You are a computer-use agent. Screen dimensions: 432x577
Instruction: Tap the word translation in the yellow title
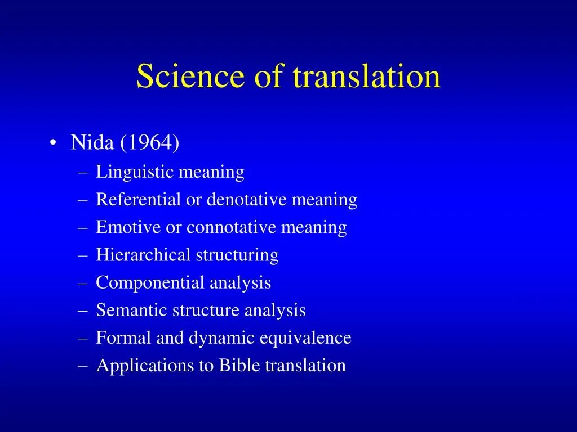point(367,76)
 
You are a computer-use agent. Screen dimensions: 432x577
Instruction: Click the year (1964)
point(150,143)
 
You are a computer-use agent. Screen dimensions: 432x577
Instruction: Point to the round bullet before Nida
point(52,143)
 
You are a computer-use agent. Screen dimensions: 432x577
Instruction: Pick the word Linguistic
point(135,172)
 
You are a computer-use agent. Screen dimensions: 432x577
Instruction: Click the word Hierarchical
point(144,255)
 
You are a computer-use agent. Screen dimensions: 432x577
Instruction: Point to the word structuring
point(237,255)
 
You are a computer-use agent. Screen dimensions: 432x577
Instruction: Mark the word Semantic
point(132,310)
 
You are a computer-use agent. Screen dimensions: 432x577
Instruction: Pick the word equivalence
point(305,338)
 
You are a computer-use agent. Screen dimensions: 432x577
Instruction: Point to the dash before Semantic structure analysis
point(82,310)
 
